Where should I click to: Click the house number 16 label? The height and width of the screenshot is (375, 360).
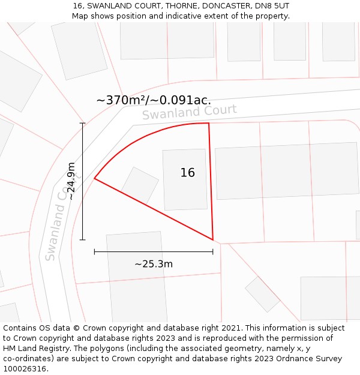187,173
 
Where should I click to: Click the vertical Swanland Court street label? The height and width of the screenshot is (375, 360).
59,223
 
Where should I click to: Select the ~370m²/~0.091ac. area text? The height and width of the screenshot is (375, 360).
154,100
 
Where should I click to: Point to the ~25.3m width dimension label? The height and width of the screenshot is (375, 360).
154,264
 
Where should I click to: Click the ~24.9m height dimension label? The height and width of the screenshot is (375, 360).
71,181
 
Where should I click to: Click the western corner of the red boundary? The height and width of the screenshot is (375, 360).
95,178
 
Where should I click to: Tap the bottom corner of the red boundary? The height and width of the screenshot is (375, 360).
213,240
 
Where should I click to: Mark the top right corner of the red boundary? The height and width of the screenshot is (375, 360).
209,123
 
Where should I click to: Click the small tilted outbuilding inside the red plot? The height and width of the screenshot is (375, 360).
140,185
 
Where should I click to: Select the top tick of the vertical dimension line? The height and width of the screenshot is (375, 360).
83,124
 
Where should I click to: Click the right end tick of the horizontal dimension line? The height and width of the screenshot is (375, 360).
213,252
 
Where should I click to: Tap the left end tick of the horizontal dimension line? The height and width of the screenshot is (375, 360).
95,252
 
